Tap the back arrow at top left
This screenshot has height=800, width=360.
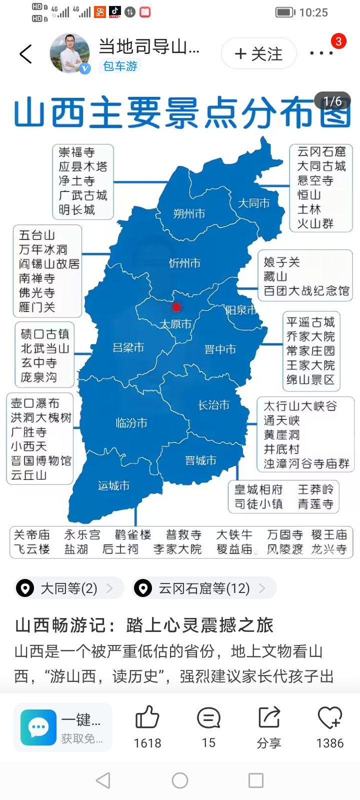(25, 54)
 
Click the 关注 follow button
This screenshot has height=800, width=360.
(258, 53)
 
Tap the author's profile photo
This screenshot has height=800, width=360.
(69, 53)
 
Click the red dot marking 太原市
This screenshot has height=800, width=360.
(176, 306)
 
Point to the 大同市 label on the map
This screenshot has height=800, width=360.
(253, 203)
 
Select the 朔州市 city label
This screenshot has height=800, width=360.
(189, 213)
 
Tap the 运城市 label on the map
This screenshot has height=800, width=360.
(113, 485)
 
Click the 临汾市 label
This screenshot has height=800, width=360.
(131, 423)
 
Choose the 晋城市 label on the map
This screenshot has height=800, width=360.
(200, 460)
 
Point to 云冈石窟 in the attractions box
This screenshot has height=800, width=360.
(321, 151)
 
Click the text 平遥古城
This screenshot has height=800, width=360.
(310, 322)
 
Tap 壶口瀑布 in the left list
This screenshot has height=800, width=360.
(35, 403)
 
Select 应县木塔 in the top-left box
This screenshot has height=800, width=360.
(83, 166)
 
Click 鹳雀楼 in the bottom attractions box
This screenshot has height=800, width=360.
(132, 535)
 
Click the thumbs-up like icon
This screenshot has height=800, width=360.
(147, 718)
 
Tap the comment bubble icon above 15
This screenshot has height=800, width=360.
(208, 718)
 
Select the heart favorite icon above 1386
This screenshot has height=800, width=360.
(330, 718)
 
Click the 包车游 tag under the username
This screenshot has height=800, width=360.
(120, 66)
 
